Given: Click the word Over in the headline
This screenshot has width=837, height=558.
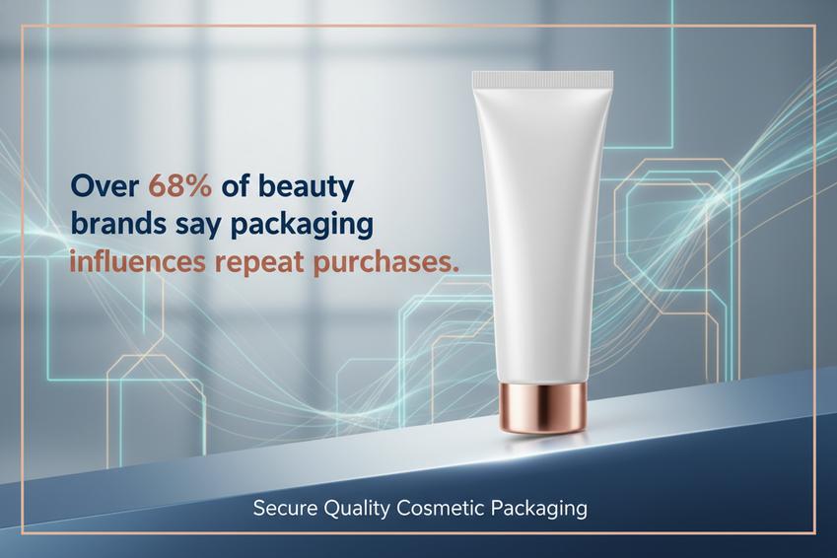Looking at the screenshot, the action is click(x=105, y=186).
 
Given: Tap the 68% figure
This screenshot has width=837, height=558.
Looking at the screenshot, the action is click(x=179, y=186).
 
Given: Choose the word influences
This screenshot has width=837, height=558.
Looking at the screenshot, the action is click(x=137, y=262).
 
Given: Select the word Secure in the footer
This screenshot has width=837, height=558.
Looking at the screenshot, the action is click(x=285, y=508).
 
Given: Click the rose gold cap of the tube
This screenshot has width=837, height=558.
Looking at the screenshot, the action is click(x=543, y=407).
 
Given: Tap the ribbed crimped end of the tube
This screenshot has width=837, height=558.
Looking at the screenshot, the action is click(x=542, y=80).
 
